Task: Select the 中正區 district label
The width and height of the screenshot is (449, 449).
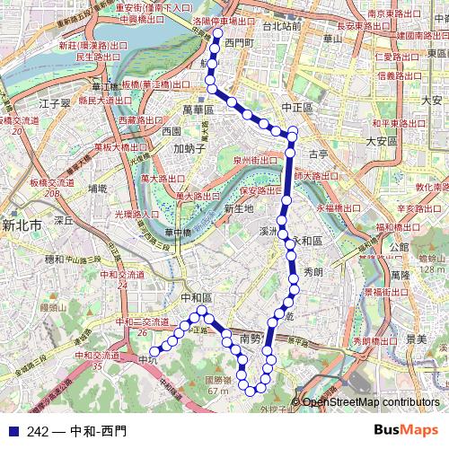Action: coord(295,107)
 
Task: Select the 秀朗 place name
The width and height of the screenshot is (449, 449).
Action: coord(313,270)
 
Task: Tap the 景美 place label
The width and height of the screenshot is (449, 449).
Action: coord(416,339)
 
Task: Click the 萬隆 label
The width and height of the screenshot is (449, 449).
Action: coord(401,273)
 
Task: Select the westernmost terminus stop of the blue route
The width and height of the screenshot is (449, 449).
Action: coord(154,351)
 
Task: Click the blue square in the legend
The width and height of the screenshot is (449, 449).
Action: coord(11,431)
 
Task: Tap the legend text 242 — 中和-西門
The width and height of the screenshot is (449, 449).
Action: coord(76,431)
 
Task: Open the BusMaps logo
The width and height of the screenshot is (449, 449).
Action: coord(406,430)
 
